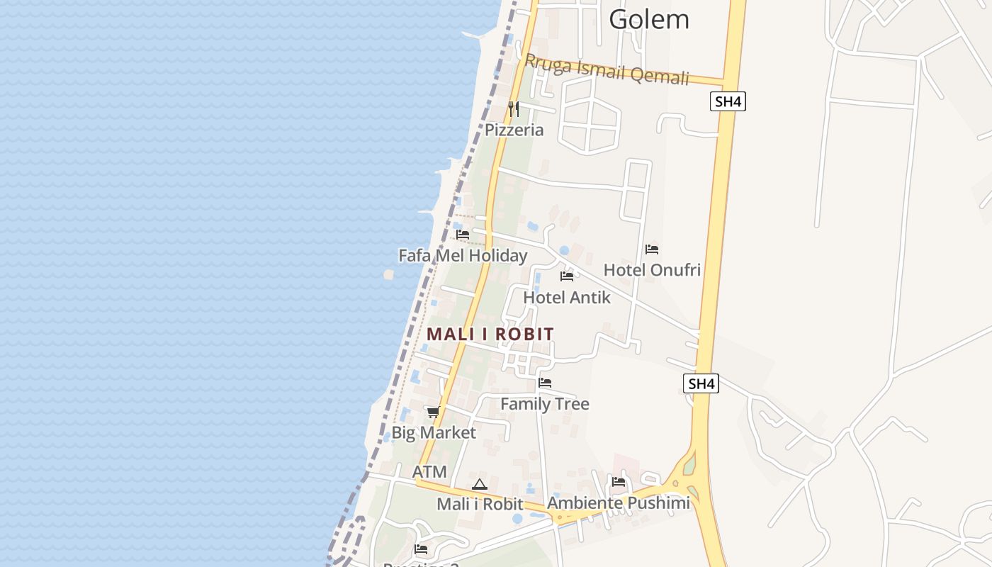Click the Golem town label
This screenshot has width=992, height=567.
[648, 19]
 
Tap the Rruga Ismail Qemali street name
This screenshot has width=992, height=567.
[607, 69]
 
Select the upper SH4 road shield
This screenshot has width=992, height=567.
[728, 101]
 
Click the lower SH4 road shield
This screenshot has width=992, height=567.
[701, 384]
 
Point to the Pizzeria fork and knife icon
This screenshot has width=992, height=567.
[514, 109]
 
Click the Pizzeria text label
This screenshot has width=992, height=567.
[514, 130]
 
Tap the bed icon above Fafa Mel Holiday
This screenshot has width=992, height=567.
[463, 234]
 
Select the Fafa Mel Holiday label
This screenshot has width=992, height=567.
[463, 255]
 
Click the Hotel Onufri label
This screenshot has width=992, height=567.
[652, 270]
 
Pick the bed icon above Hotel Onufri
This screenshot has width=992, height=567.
[652, 249]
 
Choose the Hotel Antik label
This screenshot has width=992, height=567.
[567, 298]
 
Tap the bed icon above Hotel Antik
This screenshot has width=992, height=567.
[567, 276]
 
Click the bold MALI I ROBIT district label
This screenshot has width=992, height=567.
[490, 334]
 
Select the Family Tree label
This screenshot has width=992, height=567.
[545, 404]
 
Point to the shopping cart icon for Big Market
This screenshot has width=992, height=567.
[433, 412]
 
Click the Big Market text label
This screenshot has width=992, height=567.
[434, 432]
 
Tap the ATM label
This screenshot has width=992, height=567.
[429, 472]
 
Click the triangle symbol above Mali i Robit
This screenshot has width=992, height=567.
[480, 485]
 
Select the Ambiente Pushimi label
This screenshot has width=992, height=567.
[619, 503]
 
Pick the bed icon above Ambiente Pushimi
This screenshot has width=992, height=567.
[619, 482]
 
